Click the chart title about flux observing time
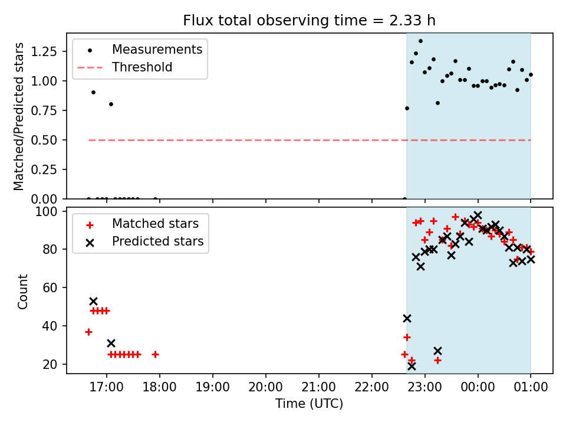point(310,20)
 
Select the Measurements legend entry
point(140,50)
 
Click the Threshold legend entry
point(125,67)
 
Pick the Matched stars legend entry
point(142,224)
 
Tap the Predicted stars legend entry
point(145,241)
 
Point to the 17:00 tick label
point(107,387)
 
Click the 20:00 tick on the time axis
point(266,387)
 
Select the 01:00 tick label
point(531,387)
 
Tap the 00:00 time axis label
point(478,387)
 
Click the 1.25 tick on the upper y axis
point(44,52)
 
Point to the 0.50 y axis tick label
point(44,140)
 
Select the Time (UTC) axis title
point(310,403)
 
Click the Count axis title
point(22,292)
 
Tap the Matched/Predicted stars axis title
point(19,116)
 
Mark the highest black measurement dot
point(420,41)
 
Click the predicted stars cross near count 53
point(94,302)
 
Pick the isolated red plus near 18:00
point(155,355)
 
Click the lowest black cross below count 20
point(412,367)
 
